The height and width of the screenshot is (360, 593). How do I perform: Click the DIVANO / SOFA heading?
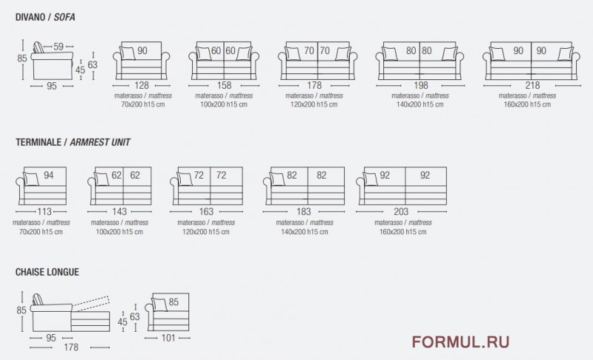(x=45, y=17)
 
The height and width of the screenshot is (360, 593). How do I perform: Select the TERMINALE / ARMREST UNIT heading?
(x=73, y=142)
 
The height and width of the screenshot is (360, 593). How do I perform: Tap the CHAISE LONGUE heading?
(x=47, y=272)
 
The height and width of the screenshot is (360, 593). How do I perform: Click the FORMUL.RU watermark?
(x=460, y=342)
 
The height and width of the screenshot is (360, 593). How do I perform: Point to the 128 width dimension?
(x=142, y=85)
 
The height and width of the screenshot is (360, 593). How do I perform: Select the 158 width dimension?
(x=224, y=85)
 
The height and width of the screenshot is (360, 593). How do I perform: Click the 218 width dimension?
(x=532, y=85)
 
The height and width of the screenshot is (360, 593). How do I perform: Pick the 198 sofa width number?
(x=420, y=85)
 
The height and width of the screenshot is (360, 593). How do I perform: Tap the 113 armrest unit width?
(x=44, y=212)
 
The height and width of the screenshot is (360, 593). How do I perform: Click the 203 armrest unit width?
(x=401, y=212)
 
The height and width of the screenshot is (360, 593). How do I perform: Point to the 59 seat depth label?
(x=59, y=47)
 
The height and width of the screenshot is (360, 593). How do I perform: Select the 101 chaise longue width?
(x=168, y=338)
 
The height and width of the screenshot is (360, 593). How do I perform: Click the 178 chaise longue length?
(x=71, y=347)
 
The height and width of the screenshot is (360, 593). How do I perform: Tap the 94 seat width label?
(x=48, y=176)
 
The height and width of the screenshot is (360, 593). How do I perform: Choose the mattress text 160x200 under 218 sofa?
(x=527, y=104)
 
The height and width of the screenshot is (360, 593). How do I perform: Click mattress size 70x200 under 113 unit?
(x=41, y=232)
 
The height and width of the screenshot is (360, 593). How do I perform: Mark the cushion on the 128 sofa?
(x=127, y=53)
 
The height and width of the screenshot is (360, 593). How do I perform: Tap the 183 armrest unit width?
(x=304, y=212)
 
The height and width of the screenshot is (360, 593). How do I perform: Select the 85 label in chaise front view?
(x=173, y=302)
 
